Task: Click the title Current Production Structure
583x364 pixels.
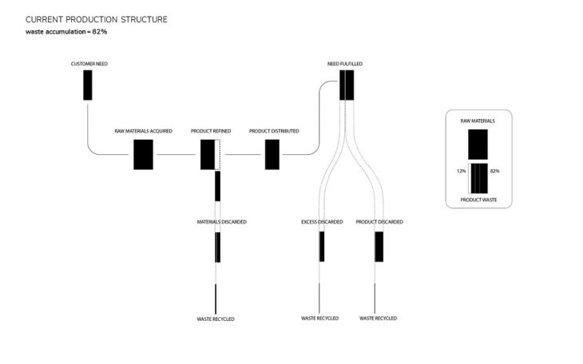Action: [x=97, y=19]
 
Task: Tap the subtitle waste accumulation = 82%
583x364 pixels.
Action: [x=66, y=32]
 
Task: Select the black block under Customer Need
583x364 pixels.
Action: [x=88, y=85]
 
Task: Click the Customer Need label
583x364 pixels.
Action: [x=89, y=64]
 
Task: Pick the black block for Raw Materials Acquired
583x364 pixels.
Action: [x=143, y=155]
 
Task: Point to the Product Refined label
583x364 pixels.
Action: [x=211, y=131]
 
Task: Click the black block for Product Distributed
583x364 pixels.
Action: [x=272, y=155]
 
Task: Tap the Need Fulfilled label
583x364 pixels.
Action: [x=345, y=64]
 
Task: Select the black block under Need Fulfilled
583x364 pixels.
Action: [x=347, y=85]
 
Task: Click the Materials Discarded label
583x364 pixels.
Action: [x=221, y=222]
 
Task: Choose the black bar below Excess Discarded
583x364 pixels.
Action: [x=322, y=247]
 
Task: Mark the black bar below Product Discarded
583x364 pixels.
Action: [x=379, y=247]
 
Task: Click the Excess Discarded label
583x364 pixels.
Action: [x=322, y=222]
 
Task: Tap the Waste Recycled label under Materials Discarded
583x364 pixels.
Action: [x=216, y=319]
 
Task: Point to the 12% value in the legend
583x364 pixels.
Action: [x=462, y=171]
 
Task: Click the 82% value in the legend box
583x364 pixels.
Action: [x=495, y=171]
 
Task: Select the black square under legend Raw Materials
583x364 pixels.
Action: [x=478, y=144]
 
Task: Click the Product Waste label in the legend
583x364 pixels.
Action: [x=478, y=200]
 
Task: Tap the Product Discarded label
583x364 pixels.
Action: [x=379, y=222]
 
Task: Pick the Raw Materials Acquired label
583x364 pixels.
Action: [x=144, y=131]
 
